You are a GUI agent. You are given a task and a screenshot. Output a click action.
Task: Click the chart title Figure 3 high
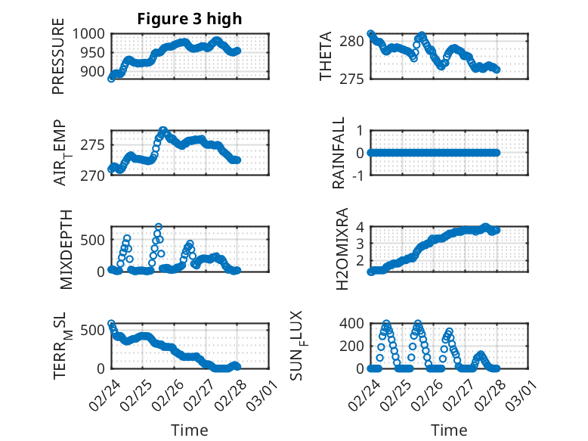pyautogui.click(x=190, y=19)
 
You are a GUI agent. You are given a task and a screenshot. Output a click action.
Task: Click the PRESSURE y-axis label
pyautogui.click(x=58, y=61)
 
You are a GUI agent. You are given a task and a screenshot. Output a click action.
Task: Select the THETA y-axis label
pyautogui.click(x=326, y=57)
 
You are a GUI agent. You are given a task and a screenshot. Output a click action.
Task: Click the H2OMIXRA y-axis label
pyautogui.click(x=341, y=249)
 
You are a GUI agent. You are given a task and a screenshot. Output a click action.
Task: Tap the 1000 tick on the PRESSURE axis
pyautogui.click(x=91, y=33)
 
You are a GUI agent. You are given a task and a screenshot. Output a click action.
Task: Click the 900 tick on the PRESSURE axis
pyautogui.click(x=94, y=72)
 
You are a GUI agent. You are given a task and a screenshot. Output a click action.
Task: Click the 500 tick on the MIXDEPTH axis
pyautogui.click(x=94, y=240)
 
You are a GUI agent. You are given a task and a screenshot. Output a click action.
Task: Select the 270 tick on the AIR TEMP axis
pyautogui.click(x=94, y=175)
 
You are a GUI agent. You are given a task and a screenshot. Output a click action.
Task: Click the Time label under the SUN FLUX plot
pyautogui.click(x=449, y=430)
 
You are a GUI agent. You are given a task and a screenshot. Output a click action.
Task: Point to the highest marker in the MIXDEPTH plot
pyautogui.click(x=159, y=227)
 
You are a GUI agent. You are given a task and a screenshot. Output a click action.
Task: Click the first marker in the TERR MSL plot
pyautogui.click(x=112, y=324)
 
